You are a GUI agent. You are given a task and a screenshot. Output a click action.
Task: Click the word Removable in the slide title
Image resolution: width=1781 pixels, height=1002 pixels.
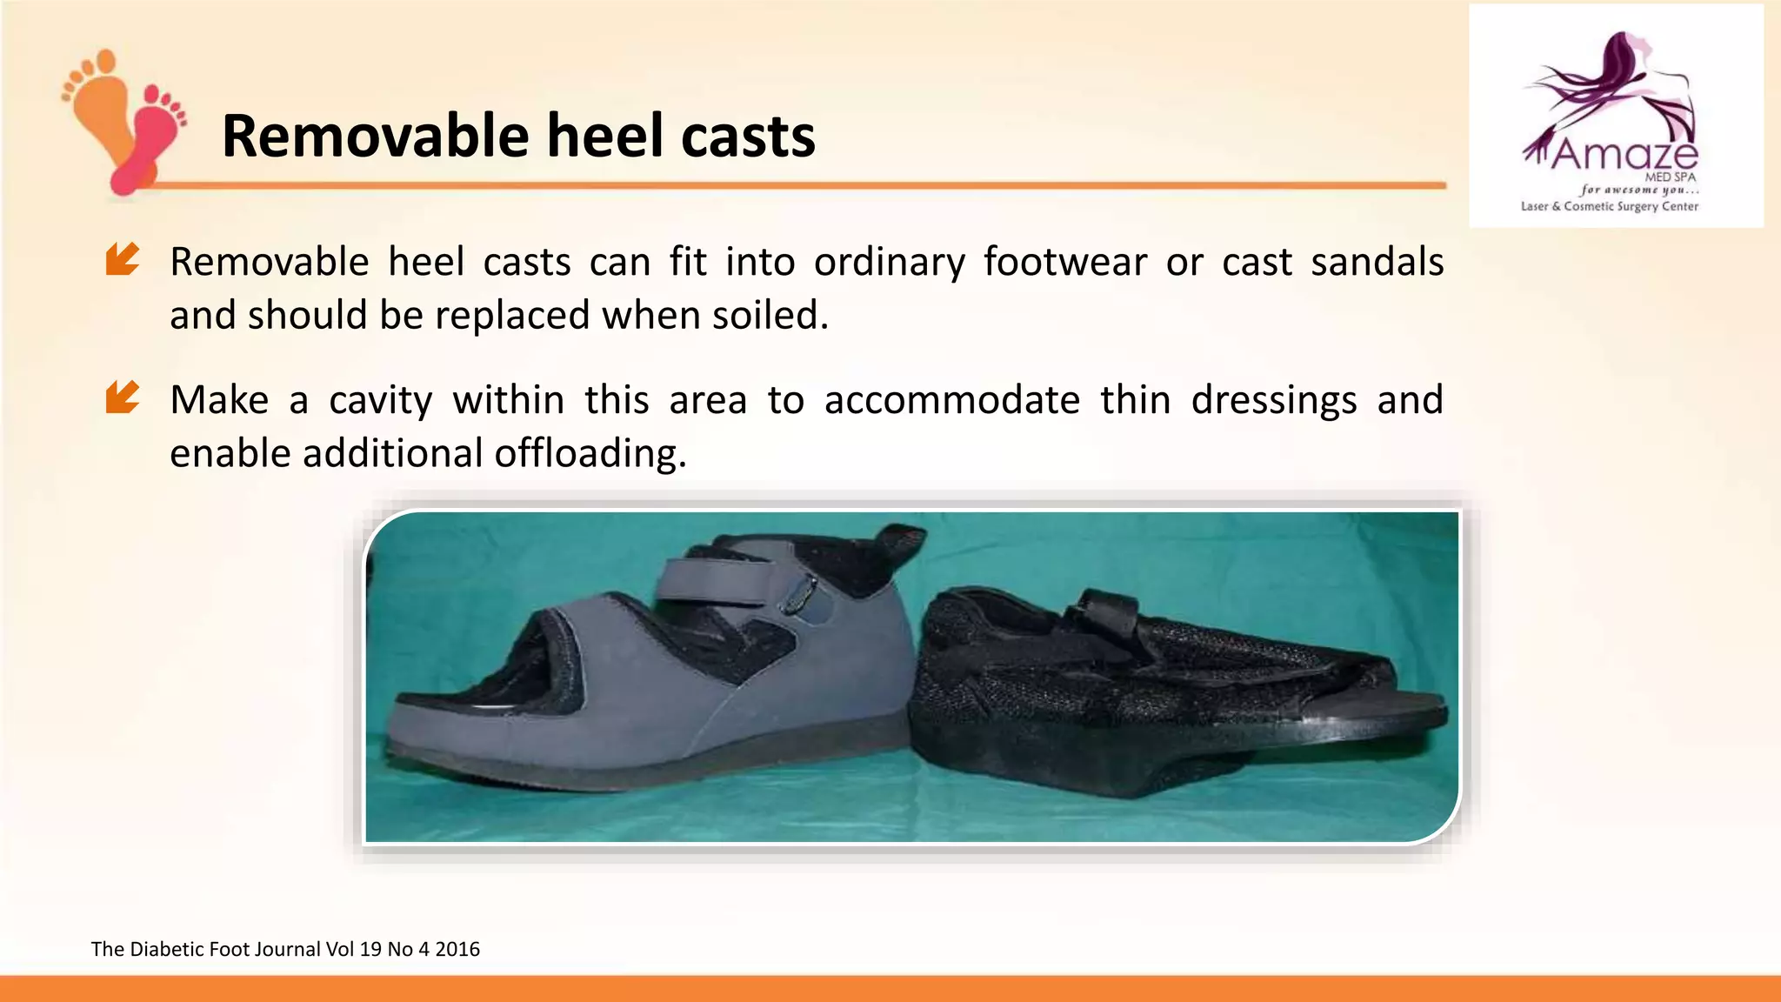point(375,137)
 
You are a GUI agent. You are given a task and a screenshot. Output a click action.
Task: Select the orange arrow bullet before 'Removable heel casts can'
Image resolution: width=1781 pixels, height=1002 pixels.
point(123,259)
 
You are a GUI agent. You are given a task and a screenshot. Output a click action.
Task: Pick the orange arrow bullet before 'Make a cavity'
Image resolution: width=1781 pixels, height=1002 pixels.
point(123,397)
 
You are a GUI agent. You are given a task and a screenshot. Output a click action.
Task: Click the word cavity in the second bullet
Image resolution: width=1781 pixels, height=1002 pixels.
point(381,401)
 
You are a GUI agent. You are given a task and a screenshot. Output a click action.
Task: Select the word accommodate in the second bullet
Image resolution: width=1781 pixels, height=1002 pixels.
point(952,400)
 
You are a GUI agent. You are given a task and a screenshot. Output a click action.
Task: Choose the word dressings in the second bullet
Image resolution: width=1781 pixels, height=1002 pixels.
point(1274,401)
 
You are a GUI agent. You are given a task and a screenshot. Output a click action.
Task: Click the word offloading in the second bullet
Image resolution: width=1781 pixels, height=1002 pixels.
point(590,453)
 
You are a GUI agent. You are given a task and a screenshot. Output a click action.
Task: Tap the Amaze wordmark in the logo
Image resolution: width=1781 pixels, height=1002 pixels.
point(1624,155)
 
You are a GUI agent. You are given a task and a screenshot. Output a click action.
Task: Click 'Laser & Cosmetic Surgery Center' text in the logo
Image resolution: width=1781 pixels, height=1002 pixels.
point(1609,207)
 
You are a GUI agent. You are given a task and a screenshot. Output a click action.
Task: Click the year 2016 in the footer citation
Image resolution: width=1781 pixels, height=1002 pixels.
point(457,949)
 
